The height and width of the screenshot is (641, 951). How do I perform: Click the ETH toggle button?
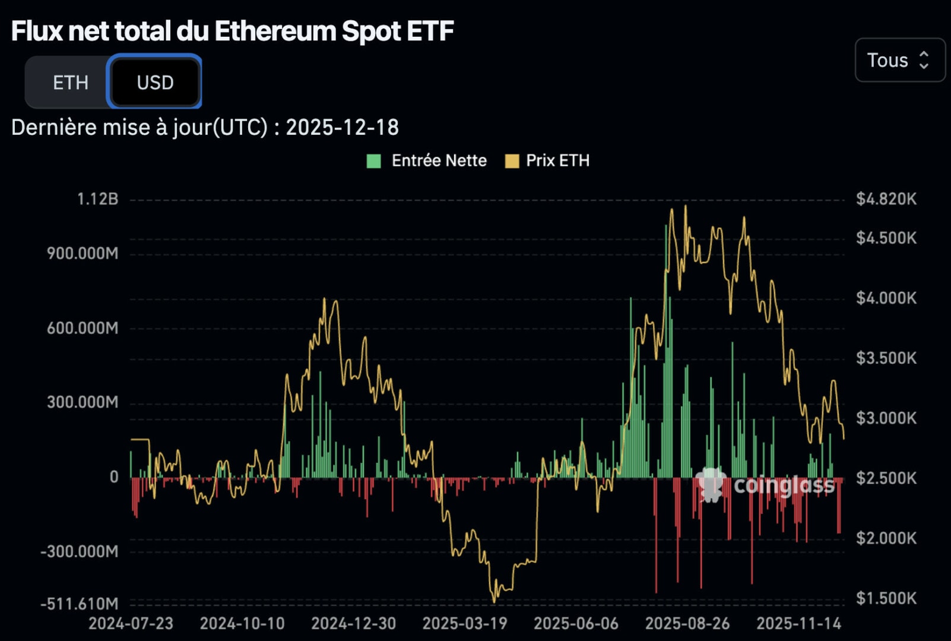click(70, 82)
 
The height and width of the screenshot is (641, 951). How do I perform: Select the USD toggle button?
click(155, 82)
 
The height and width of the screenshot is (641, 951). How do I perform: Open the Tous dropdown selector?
click(899, 60)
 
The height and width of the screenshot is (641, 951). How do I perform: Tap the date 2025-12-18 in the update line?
click(342, 127)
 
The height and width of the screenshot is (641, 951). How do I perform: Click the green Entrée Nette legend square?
click(373, 161)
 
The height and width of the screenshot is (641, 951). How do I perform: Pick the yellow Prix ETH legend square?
click(512, 161)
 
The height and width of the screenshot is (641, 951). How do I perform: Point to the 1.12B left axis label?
click(97, 199)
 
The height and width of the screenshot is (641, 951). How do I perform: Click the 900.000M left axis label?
click(83, 253)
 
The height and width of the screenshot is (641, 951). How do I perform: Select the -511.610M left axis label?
click(80, 604)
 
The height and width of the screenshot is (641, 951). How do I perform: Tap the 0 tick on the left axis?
click(114, 477)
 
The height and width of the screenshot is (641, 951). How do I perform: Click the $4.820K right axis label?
click(886, 199)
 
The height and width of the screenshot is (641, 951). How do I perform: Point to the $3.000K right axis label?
click(886, 418)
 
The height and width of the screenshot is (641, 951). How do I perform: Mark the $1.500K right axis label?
click(886, 598)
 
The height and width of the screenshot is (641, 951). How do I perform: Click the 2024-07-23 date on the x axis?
click(131, 623)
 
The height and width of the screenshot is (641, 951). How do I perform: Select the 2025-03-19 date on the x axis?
click(465, 623)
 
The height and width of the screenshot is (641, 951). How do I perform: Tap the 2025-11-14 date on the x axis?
click(798, 623)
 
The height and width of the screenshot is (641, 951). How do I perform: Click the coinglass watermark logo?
click(766, 485)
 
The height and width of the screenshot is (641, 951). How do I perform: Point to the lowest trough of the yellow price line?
click(494, 601)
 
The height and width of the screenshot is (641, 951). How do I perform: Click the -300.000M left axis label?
click(80, 551)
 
